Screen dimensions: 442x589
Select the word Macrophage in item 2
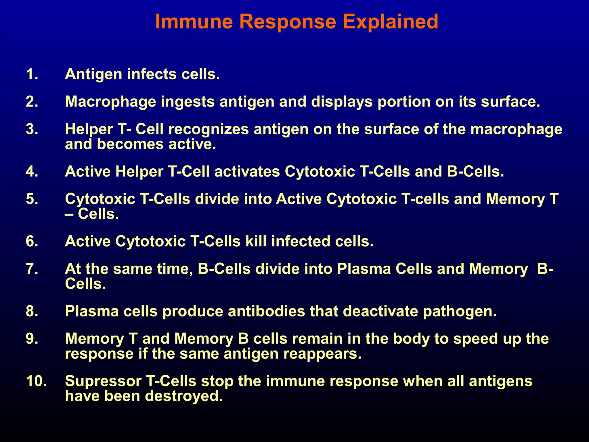(111, 102)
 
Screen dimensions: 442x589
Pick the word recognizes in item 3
(209, 129)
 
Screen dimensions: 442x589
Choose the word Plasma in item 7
(364, 269)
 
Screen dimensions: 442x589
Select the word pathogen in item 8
(460, 311)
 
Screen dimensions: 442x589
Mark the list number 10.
(36, 381)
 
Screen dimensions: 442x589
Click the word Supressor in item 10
(103, 381)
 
